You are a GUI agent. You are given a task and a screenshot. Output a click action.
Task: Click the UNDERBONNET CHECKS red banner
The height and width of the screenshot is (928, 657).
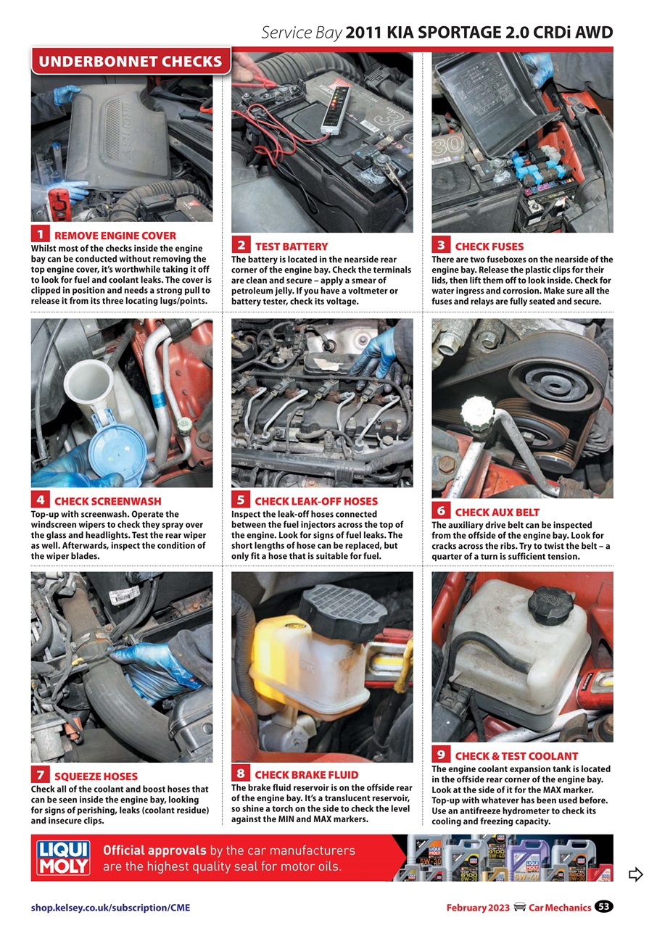[x=131, y=61]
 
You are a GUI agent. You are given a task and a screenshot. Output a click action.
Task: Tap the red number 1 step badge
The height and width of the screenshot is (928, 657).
[x=41, y=234]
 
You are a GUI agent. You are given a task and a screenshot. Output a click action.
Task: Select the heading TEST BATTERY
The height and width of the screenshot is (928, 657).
[x=291, y=246]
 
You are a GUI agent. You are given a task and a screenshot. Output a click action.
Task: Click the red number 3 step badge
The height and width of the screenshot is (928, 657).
[x=441, y=245]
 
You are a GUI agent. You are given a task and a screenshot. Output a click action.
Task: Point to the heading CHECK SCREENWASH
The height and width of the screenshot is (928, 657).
[x=108, y=501]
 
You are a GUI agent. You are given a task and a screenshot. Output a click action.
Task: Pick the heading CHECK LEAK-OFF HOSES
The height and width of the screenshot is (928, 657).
[x=316, y=501]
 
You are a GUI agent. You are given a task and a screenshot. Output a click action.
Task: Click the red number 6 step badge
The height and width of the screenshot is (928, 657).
[x=441, y=511]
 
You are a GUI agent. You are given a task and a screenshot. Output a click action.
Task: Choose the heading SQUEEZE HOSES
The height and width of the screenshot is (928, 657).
[x=96, y=776]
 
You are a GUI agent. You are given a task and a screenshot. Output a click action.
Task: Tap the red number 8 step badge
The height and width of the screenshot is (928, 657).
[x=241, y=773]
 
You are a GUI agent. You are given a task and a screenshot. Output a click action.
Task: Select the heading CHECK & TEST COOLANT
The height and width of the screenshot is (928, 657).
[x=516, y=756]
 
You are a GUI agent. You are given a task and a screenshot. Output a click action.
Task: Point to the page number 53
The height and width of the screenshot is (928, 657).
[x=603, y=907]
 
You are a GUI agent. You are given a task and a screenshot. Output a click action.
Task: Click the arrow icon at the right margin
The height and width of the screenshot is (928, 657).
[x=635, y=874]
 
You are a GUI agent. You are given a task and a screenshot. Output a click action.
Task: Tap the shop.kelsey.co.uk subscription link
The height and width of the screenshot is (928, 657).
[x=110, y=908]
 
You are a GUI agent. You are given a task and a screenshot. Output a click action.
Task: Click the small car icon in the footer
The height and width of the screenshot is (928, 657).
[x=519, y=908]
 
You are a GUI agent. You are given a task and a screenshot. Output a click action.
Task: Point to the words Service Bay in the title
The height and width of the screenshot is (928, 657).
[x=301, y=33]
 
